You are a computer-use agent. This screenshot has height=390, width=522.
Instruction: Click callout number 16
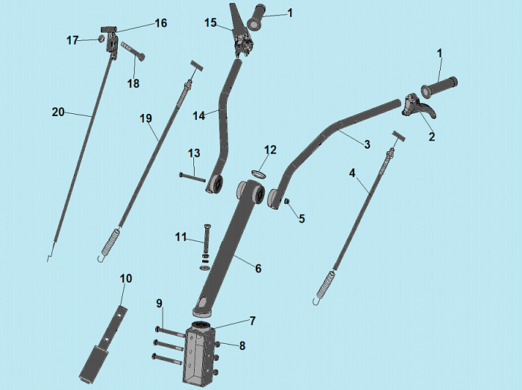pyautogui.click(x=161, y=23)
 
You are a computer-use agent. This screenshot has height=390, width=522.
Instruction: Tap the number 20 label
pyautogui.click(x=58, y=112)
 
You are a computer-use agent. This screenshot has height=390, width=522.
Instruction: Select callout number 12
pyautogui.click(x=270, y=150)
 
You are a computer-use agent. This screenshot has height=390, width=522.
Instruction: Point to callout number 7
pyautogui.click(x=253, y=321)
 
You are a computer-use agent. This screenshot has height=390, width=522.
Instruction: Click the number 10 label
pyautogui.click(x=126, y=278)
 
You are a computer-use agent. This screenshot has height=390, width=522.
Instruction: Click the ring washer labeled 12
pyautogui.click(x=259, y=173)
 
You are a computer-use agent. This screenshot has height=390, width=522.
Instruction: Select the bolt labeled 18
pyautogui.click(x=133, y=51)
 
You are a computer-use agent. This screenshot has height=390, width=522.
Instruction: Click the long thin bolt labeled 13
pyautogui.click(x=192, y=178)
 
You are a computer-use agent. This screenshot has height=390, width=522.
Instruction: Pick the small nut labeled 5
pyautogui.click(x=287, y=201)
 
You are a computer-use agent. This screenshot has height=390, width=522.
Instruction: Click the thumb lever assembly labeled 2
pyautogui.click(x=418, y=106)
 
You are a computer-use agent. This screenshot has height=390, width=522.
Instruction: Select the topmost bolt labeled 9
pyautogui.click(x=169, y=333)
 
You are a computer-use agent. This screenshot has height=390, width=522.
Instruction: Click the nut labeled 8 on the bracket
pyautogui.click(x=216, y=344)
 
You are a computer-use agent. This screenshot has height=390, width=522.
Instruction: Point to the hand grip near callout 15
pyautogui.click(x=256, y=18)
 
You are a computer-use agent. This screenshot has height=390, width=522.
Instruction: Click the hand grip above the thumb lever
pyautogui.click(x=439, y=87)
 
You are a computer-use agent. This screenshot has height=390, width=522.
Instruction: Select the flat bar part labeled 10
pyautogui.click(x=103, y=344)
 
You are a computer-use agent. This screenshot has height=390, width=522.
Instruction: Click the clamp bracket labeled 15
pyautogui.click(x=242, y=33)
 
